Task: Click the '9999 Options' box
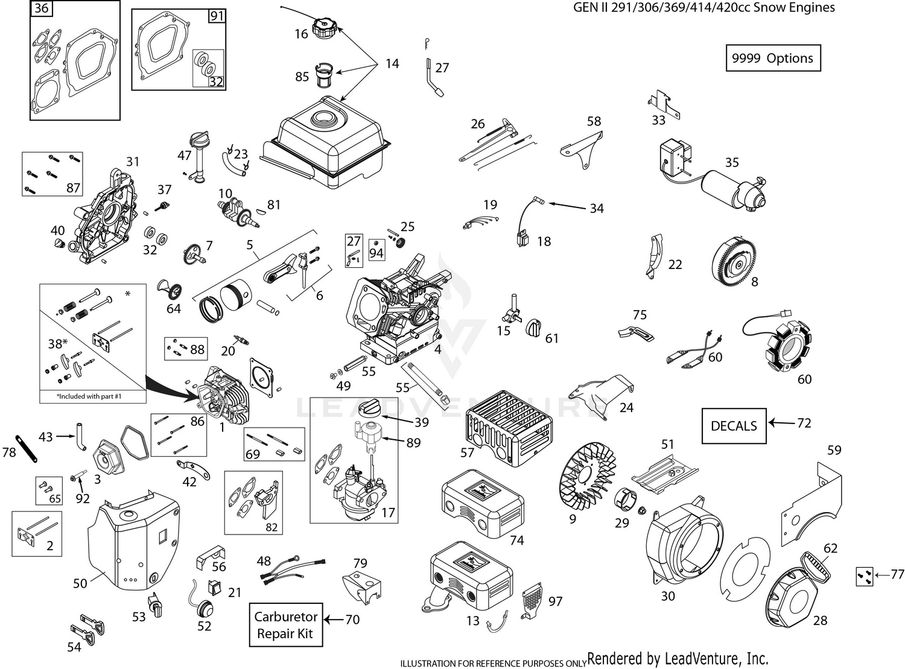tap(772, 58)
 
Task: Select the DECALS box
tap(734, 426)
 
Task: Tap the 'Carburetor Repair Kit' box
tap(285, 625)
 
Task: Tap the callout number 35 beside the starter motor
tap(732, 162)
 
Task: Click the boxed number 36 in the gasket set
tap(41, 9)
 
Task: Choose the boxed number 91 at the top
tap(217, 16)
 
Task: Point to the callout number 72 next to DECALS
tap(804, 423)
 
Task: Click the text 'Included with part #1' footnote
tap(93, 396)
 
